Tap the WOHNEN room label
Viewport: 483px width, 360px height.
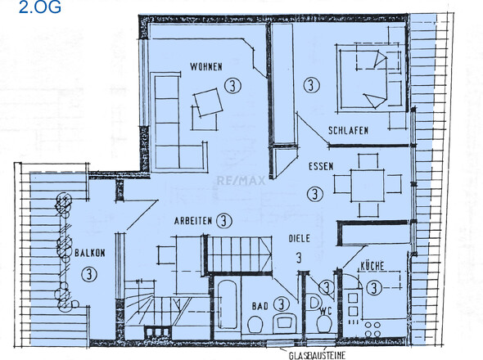[x=205, y=67]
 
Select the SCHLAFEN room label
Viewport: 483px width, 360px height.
[x=348, y=131]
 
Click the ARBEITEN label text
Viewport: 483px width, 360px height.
[x=193, y=221]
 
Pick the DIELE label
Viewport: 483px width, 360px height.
[x=300, y=239]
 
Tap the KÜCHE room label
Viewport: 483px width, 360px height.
[x=372, y=268]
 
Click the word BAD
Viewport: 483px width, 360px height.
[x=259, y=304]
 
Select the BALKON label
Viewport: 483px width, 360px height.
[x=88, y=254]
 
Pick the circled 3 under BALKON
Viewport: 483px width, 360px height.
[x=88, y=274]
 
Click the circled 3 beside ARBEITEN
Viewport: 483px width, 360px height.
[x=223, y=221]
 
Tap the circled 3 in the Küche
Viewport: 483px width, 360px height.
[x=373, y=287]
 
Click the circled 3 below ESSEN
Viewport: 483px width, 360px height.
[x=314, y=194]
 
